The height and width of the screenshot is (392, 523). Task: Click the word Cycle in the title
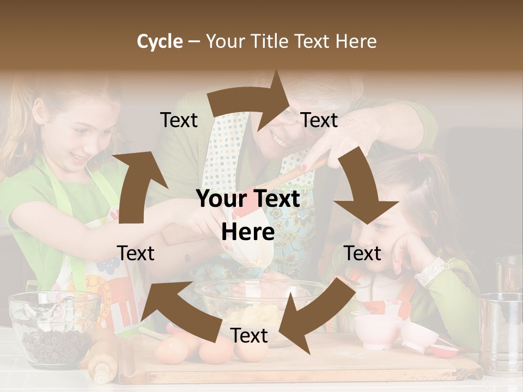coord(160,41)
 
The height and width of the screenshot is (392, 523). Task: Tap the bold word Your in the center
coord(221,199)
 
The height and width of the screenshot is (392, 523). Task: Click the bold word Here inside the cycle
coord(248,232)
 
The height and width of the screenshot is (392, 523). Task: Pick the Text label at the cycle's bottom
coord(249,335)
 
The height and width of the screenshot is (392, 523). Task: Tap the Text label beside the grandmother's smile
coord(319,120)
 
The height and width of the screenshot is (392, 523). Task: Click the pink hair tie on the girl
coord(420,158)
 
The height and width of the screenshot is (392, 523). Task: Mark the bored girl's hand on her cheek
coord(406,250)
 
